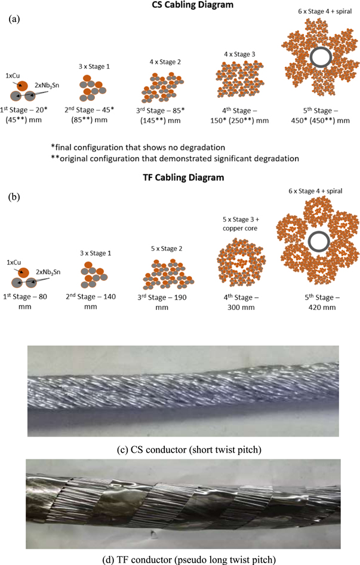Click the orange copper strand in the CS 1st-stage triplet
[22, 87]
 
